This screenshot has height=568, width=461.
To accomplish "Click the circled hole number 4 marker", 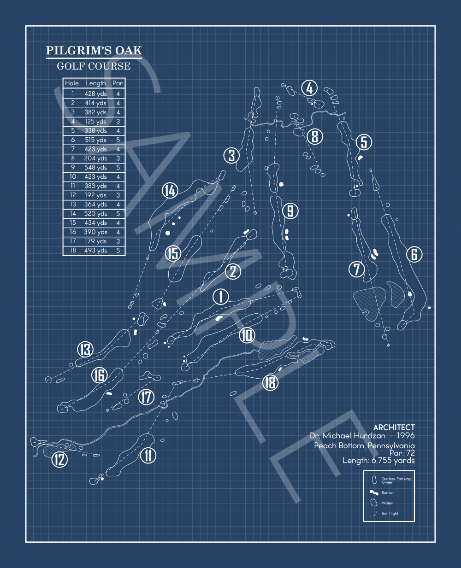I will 310,88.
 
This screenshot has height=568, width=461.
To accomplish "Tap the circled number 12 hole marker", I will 59,459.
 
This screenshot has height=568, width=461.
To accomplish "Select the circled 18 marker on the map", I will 270,382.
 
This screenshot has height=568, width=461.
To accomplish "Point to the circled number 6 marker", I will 414,254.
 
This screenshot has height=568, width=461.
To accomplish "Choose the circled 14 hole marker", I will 170,190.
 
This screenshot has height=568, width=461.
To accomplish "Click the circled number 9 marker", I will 290,211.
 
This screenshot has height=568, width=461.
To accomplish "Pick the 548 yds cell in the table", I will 95,168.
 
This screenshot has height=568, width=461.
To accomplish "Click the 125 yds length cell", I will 95,122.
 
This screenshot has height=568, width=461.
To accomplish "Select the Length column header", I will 95,83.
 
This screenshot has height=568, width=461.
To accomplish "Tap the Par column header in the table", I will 118,83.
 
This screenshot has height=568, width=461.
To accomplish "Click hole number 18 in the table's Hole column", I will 72,251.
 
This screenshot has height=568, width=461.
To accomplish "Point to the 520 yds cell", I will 95,214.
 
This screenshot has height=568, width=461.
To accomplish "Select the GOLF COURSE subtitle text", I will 94,66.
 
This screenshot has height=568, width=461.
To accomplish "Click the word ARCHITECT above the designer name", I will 394,427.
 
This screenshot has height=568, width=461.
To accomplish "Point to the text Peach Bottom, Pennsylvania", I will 364,445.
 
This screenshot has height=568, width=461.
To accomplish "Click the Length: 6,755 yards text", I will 378,460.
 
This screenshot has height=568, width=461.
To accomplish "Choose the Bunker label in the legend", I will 388,493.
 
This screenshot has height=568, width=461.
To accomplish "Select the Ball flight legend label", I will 390,513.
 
